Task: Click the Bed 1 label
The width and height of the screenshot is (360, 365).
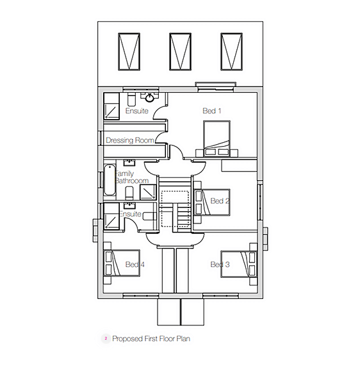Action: point(212,111)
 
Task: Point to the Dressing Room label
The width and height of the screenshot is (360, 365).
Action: point(130,140)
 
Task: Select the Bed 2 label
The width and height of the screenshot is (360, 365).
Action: point(220,201)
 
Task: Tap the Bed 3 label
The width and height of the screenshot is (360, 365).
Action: point(220,264)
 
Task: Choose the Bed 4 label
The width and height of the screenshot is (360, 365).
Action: point(135,264)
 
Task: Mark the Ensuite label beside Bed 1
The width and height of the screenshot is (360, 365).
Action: point(137,111)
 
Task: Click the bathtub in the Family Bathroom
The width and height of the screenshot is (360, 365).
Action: point(110,182)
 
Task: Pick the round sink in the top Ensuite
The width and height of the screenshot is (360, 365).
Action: point(151,98)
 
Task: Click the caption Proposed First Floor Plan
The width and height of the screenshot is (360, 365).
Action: point(151,338)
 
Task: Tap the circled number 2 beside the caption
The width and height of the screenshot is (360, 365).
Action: point(105,338)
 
